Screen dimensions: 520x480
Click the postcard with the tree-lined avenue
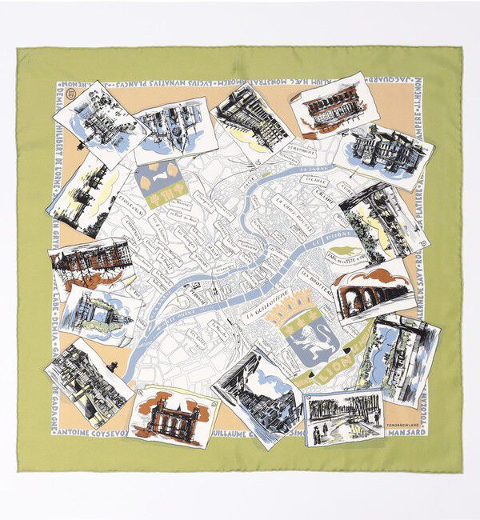tap(344, 416)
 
